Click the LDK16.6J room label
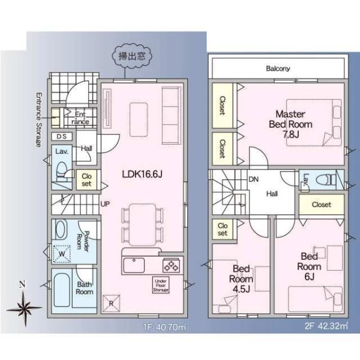(x=142, y=174)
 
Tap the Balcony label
(x=278, y=68)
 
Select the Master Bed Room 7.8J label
(x=290, y=124)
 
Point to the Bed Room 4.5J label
(x=241, y=279)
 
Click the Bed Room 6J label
(x=309, y=266)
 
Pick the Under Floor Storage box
(x=161, y=285)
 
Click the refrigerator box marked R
(x=112, y=304)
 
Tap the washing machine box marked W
(x=62, y=254)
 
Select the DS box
(x=62, y=137)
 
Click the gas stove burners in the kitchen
(x=171, y=265)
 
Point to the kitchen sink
(x=134, y=265)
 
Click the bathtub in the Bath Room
(x=62, y=290)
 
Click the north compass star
(x=25, y=309)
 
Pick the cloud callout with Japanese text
(x=132, y=56)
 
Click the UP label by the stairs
(x=105, y=203)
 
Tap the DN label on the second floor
(x=254, y=179)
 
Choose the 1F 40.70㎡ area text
(x=165, y=327)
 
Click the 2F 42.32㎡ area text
(x=326, y=326)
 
